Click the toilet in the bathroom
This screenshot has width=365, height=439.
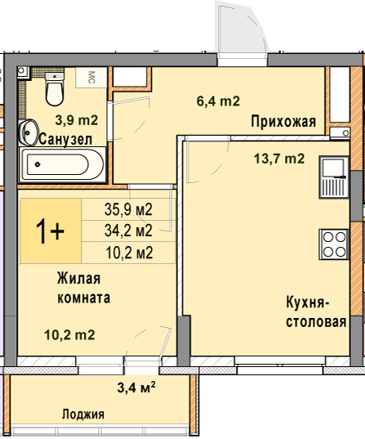click(54, 89)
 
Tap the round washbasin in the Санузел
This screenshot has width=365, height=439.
click(28, 132)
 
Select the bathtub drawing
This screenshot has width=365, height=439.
click(62, 164)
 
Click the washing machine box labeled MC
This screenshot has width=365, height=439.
click(91, 78)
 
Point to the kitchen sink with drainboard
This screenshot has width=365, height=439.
click(334, 177)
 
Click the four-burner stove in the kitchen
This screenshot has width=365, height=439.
click(334, 244)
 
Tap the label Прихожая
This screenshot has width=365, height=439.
click(283, 122)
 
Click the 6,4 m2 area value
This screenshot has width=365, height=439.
click(218, 101)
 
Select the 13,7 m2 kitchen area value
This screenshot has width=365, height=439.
click(279, 159)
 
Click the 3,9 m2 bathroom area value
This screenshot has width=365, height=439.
click(77, 120)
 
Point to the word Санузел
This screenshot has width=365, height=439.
click(65, 139)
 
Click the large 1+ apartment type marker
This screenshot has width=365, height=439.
click(50, 231)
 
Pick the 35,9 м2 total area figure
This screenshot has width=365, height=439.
click(128, 209)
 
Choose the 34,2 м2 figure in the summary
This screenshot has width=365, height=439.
click(128, 231)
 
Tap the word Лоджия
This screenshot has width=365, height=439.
click(83, 414)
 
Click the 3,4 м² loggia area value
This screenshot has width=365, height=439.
click(136, 387)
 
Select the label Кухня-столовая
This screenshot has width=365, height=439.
click(316, 312)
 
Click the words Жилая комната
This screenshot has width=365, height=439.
click(83, 288)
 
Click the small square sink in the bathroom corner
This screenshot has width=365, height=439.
click(22, 71)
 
